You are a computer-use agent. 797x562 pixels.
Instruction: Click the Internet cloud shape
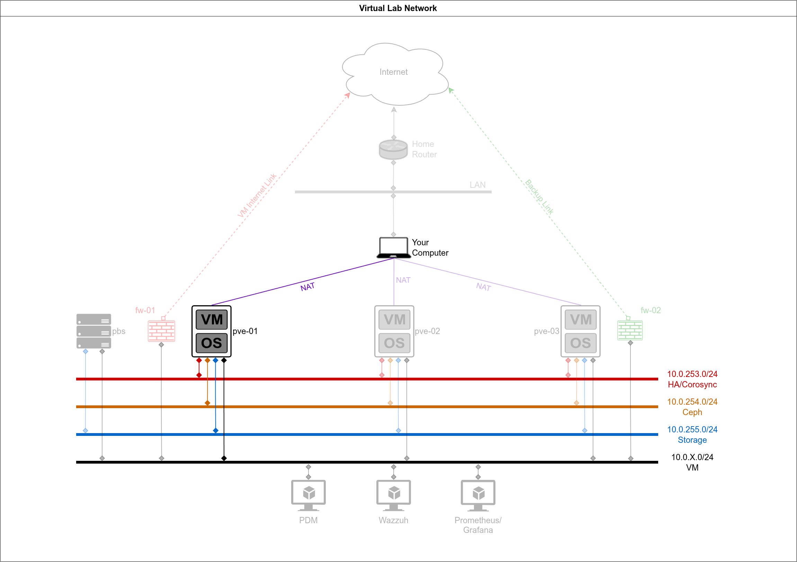pos(394,73)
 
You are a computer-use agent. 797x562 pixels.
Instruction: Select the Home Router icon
pos(393,149)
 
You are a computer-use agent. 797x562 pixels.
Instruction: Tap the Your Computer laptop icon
pos(393,248)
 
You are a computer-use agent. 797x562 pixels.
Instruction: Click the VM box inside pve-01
pos(212,319)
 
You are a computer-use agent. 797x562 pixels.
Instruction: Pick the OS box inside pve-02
pos(394,343)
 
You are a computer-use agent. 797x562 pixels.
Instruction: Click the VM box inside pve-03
pos(580,319)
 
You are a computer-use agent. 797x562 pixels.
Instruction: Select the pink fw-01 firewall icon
pos(161,331)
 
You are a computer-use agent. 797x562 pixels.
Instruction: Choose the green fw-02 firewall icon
pos(630,330)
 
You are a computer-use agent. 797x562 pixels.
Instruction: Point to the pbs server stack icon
pos(94,331)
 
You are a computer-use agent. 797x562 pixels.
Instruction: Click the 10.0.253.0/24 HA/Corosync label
pos(692,379)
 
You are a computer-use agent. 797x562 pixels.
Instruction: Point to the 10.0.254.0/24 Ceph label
pos(692,407)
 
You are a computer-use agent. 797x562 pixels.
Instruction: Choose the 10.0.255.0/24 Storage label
pos(692,434)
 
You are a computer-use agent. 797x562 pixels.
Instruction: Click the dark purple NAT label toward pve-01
pos(307,287)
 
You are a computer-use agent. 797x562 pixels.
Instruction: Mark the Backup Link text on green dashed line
pos(539,196)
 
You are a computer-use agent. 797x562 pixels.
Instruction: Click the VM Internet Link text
pos(257,195)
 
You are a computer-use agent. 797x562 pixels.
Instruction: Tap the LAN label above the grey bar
pos(477,185)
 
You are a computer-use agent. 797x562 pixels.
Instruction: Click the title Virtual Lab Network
pos(398,8)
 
